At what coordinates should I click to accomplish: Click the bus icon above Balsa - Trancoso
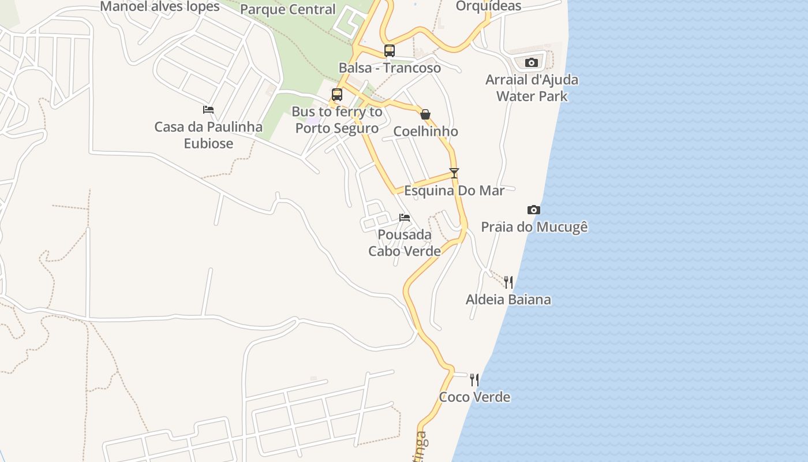pyautogui.click(x=390, y=50)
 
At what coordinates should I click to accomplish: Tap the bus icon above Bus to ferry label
pyautogui.click(x=337, y=94)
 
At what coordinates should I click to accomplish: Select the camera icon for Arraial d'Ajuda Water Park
pyautogui.click(x=532, y=62)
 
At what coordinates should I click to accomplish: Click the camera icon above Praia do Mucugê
pyautogui.click(x=534, y=210)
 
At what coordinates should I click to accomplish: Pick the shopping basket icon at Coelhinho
pyautogui.click(x=425, y=114)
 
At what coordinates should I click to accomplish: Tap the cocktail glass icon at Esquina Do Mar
pyautogui.click(x=454, y=173)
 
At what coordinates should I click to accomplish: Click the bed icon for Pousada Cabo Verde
pyautogui.click(x=405, y=218)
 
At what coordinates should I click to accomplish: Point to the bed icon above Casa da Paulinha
pyautogui.click(x=208, y=109)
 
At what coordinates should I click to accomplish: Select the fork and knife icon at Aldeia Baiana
pyautogui.click(x=508, y=282)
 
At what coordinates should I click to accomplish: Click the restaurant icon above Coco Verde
pyautogui.click(x=474, y=379)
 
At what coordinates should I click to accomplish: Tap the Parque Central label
pyautogui.click(x=287, y=9)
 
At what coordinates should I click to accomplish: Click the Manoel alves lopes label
pyautogui.click(x=160, y=6)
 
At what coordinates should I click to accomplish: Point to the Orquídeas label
pyautogui.click(x=488, y=6)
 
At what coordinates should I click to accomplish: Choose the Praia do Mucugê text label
pyautogui.click(x=534, y=227)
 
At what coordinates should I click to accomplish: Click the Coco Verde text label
pyautogui.click(x=474, y=397)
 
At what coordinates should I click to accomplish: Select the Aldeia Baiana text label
pyautogui.click(x=508, y=300)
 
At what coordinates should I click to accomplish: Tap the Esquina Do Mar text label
pyautogui.click(x=454, y=191)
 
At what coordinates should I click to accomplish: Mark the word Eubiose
pyautogui.click(x=208, y=143)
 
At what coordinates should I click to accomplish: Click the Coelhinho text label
pyautogui.click(x=425, y=132)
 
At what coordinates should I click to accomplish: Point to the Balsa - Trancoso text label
pyautogui.click(x=390, y=68)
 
